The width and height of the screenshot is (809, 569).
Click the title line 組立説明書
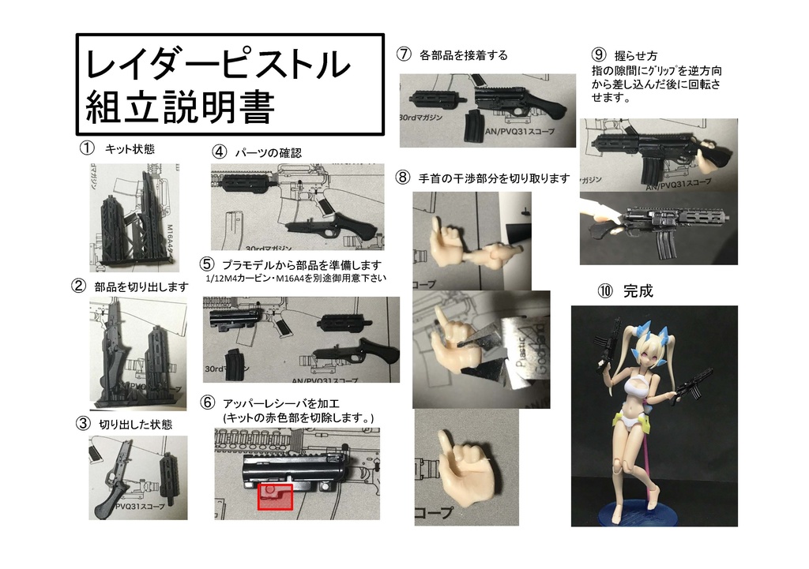coord(179,107)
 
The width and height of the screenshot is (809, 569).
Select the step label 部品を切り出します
coord(141,286)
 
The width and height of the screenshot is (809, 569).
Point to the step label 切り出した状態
coord(135,424)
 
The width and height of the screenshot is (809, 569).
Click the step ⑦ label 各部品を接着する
coord(464,55)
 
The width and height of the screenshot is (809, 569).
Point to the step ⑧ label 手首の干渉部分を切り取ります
coord(494,178)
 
